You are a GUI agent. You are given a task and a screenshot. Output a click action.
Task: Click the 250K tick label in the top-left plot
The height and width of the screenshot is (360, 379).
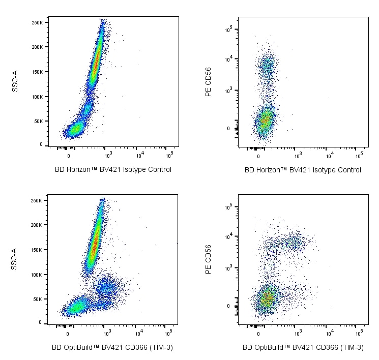37,23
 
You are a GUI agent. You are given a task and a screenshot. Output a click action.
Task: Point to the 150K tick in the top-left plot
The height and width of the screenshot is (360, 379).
37,72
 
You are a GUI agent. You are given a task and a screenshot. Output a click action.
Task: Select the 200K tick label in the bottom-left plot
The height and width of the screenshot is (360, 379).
37,225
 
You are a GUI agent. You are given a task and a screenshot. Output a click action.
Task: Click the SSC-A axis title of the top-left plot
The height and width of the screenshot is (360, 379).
15,81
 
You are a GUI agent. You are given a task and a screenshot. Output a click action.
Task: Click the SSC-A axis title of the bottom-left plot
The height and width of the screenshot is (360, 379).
15,259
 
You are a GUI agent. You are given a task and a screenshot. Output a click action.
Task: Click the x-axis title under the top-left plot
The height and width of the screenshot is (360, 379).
113,170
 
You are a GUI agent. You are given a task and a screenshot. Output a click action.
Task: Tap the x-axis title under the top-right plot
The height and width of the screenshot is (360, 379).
303,170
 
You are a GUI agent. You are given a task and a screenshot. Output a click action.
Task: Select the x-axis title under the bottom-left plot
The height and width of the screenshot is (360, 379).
113,348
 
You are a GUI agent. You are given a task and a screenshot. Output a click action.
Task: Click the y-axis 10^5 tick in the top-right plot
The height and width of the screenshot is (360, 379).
229,29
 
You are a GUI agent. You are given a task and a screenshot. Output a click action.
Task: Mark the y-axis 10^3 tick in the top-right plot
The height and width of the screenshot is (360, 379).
229,90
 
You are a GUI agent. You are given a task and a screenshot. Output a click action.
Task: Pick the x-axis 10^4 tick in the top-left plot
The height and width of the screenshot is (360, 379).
139,154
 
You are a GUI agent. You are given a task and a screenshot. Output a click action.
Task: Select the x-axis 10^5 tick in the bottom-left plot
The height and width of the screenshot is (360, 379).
169,332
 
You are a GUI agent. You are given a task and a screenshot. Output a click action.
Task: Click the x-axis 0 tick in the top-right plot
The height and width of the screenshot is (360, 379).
258,154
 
